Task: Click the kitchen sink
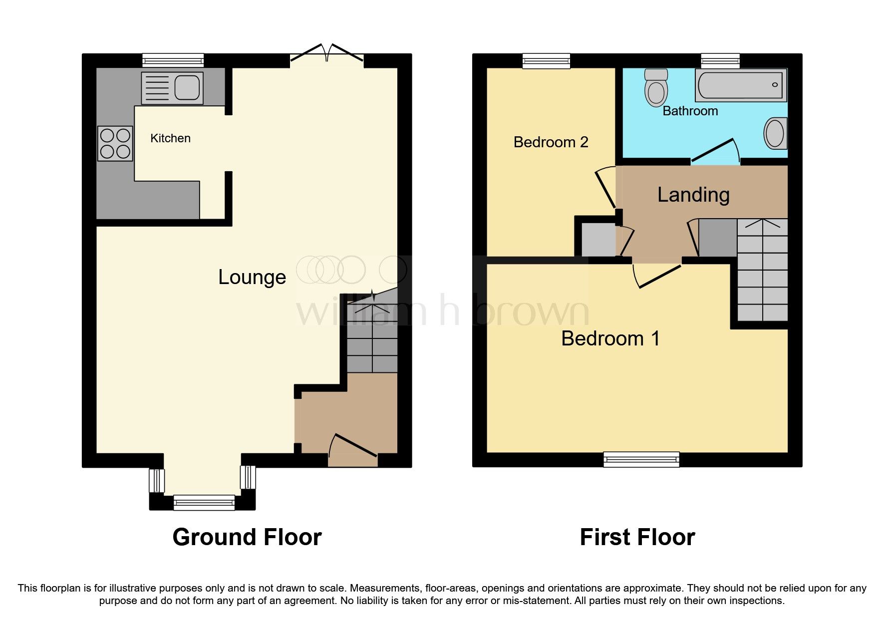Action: pyautogui.click(x=172, y=88)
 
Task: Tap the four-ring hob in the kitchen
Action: pyautogui.click(x=115, y=144)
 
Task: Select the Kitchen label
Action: pyautogui.click(x=170, y=138)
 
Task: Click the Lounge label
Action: pyautogui.click(x=252, y=277)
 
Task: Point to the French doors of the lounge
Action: pyautogui.click(x=327, y=54)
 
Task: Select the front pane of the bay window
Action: pyautogui.click(x=204, y=502)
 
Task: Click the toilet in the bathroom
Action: pyautogui.click(x=656, y=88)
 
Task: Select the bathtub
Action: pyautogui.click(x=741, y=85)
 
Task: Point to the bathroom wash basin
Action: pyautogui.click(x=775, y=133)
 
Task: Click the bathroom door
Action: pyautogui.click(x=714, y=152)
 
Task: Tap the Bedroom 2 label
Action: pyautogui.click(x=551, y=142)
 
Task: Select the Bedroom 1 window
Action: pyautogui.click(x=641, y=459)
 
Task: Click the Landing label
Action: pyautogui.click(x=693, y=195)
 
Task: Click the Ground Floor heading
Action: pyautogui.click(x=247, y=538)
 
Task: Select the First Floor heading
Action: pyautogui.click(x=637, y=538)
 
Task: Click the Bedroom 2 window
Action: pyautogui.click(x=546, y=61)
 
